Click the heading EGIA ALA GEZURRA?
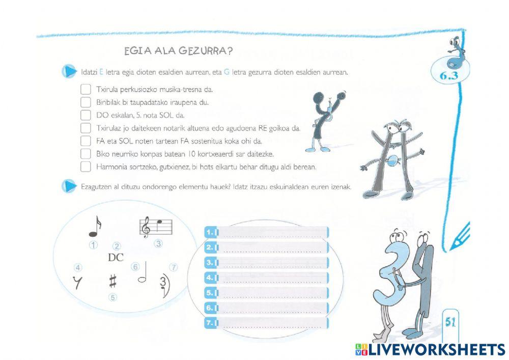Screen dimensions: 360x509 pyautogui.click(x=179, y=51)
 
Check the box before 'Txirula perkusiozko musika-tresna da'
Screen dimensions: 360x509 pyautogui.click(x=86, y=89)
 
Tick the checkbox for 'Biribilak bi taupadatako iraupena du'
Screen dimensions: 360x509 pyautogui.click(x=86, y=102)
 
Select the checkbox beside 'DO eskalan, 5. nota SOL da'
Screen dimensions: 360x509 pyautogui.click(x=86, y=115)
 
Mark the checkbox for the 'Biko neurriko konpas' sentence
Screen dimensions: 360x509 pyautogui.click(x=86, y=153)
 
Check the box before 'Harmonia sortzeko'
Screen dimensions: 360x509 pyautogui.click(x=86, y=167)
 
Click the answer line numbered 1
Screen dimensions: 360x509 pyautogui.click(x=272, y=233)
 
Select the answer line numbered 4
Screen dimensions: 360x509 pyautogui.click(x=272, y=278)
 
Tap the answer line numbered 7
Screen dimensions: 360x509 pyautogui.click(x=272, y=323)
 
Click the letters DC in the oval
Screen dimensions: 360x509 pyautogui.click(x=116, y=258)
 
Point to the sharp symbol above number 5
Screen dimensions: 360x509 pyautogui.click(x=112, y=281)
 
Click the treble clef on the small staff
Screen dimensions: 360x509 pyautogui.click(x=147, y=228)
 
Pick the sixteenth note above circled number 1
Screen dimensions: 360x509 pyautogui.click(x=95, y=227)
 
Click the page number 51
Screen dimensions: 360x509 pyautogui.click(x=449, y=322)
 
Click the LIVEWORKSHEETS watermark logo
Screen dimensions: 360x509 pyautogui.click(x=430, y=349)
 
